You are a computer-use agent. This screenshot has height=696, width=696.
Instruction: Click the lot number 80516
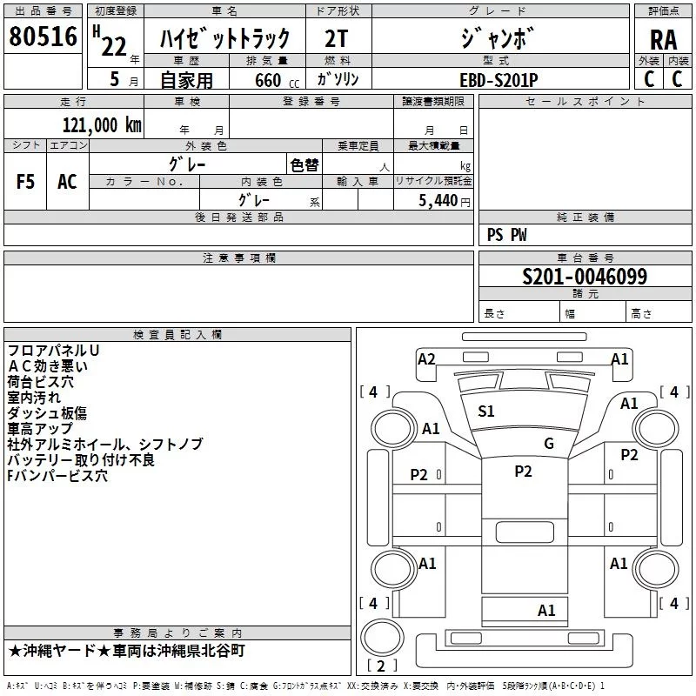pyautogui.click(x=43, y=37)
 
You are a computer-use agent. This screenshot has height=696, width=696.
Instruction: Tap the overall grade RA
pyautogui.click(x=663, y=40)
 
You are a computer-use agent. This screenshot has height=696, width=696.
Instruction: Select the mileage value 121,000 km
pyautogui.click(x=102, y=125)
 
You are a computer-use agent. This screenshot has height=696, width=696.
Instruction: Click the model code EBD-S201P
pyautogui.click(x=499, y=80)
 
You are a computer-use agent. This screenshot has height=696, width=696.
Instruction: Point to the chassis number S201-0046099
pyautogui.click(x=585, y=277)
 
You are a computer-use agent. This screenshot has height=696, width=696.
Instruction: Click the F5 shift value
pyautogui.click(x=25, y=182)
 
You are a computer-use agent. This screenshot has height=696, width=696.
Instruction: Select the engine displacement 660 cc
pyautogui.click(x=277, y=81)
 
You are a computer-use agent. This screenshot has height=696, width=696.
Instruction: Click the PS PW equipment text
pyautogui.click(x=506, y=235)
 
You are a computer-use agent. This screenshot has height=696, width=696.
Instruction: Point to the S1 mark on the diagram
pyautogui.click(x=486, y=412)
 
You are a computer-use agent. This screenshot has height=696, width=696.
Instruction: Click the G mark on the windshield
pyautogui.click(x=549, y=443)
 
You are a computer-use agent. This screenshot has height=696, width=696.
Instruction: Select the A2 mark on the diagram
pyautogui.click(x=426, y=358)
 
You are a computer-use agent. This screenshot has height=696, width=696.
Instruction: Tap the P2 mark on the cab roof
pyautogui.click(x=523, y=471)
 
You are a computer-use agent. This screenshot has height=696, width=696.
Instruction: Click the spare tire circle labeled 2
pyautogui.click(x=382, y=637)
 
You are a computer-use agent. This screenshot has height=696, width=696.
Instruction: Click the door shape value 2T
pyautogui.click(x=337, y=38)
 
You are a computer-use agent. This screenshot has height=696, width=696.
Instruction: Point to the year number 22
pyautogui.click(x=114, y=47)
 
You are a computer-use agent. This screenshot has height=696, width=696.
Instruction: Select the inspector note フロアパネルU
pyautogui.click(x=53, y=351)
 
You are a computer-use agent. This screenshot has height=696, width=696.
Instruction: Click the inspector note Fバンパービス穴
pyautogui.click(x=57, y=475)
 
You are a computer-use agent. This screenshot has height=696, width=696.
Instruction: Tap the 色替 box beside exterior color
pyautogui.click(x=304, y=165)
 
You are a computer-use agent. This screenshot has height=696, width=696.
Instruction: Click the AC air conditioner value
pyautogui.click(x=67, y=182)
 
